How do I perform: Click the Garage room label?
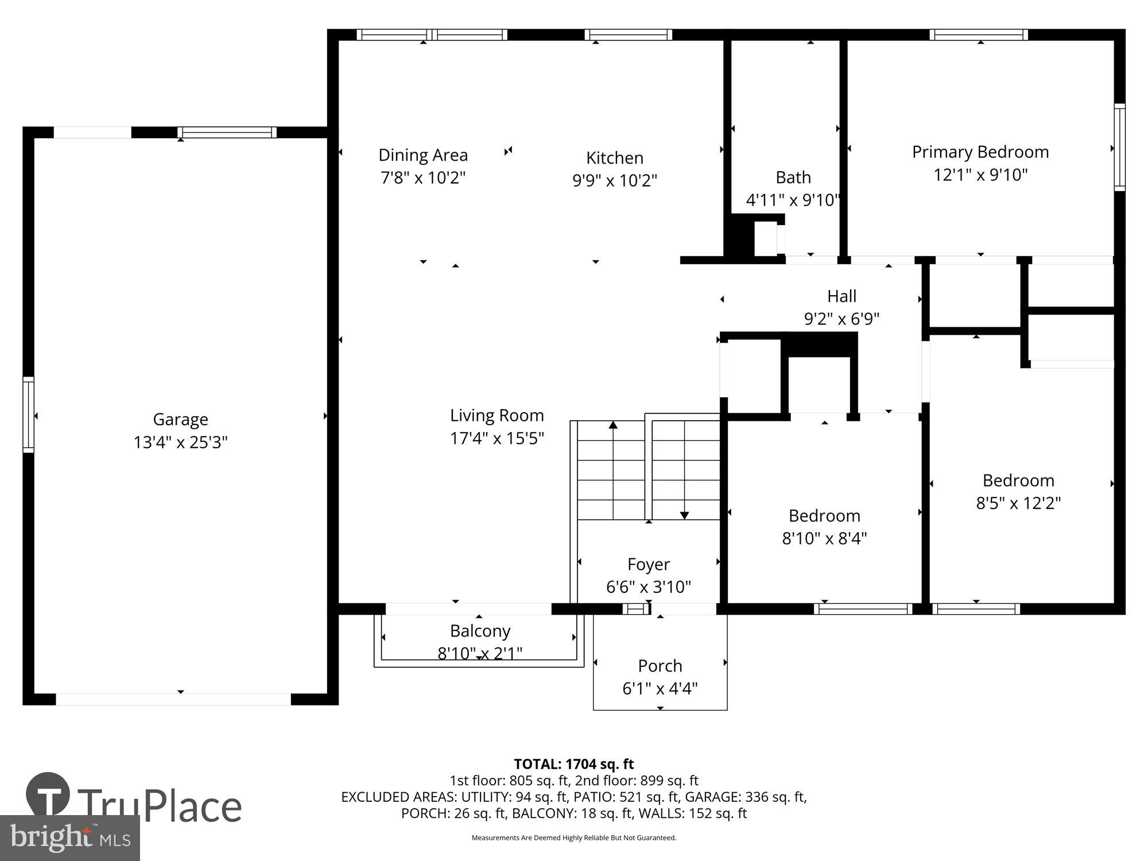180,420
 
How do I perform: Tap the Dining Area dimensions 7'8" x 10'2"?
423,178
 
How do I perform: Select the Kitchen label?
614,158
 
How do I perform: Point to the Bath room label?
793,177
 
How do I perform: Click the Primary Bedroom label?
980,152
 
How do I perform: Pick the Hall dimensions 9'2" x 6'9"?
841,319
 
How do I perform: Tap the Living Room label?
497,415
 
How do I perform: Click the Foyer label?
648,564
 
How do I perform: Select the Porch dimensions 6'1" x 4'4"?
660,688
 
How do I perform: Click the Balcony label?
480,631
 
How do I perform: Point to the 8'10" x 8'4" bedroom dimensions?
824,538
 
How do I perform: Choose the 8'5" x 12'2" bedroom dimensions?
1018,503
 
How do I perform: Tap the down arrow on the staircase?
684,515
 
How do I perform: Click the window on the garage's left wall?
28,414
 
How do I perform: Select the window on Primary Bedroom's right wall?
1119,147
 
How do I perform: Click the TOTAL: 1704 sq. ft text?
573,764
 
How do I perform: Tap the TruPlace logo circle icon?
48,794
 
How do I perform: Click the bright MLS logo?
69,838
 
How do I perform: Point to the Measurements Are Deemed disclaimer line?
573,838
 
